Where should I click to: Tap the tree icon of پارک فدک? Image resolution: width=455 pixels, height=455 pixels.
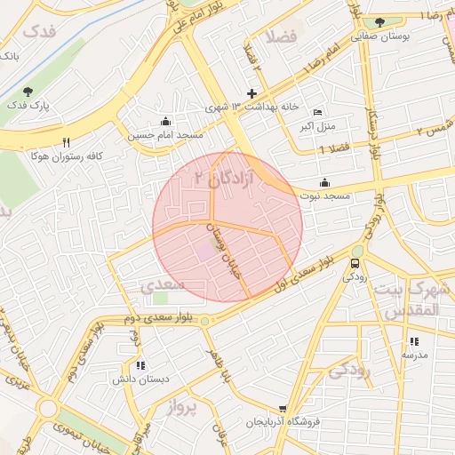tap(28, 91)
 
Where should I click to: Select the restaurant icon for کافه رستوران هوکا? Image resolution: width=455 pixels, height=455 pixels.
tap(66, 141)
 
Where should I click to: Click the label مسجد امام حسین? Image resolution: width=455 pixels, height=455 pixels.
tap(165, 135)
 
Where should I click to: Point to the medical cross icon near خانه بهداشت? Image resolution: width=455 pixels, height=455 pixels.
tap(252, 92)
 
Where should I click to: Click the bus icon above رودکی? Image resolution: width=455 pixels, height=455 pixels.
tap(355, 262)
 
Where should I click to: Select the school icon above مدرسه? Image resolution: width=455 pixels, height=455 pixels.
tap(414, 341)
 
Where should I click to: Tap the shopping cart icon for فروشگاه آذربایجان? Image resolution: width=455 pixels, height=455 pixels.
tap(283, 408)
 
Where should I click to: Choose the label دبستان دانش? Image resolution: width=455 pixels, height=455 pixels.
tap(140, 379)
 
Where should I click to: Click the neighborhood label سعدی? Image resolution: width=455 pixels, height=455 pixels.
tap(162, 284)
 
